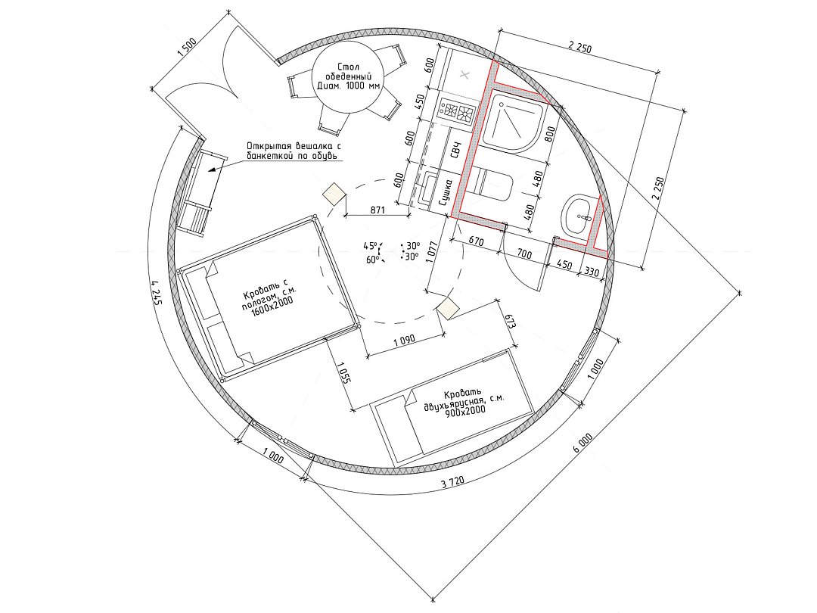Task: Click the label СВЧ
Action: click(x=456, y=150)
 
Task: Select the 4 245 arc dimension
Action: click(x=157, y=294)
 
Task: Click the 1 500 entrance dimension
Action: click(x=186, y=51)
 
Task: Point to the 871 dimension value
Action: click(x=377, y=210)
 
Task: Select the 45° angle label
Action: click(x=371, y=245)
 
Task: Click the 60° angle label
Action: click(x=372, y=259)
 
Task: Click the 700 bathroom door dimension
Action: click(x=524, y=254)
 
